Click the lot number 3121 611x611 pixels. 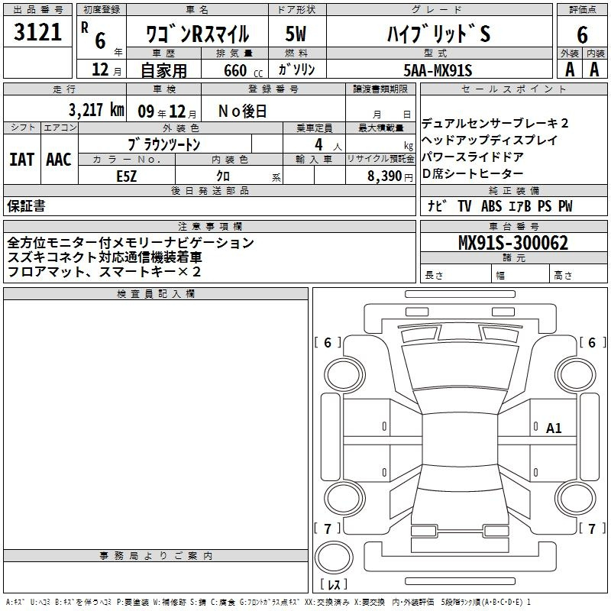37,32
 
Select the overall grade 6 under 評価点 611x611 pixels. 582,34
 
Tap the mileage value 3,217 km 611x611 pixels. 96,110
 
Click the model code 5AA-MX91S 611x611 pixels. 438,70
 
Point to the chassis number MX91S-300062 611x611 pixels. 513,242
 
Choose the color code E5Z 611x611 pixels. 127,176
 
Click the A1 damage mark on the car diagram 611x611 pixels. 554,428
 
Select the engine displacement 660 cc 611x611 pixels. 243,71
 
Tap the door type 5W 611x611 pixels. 296,34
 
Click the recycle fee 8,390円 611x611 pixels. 390,176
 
